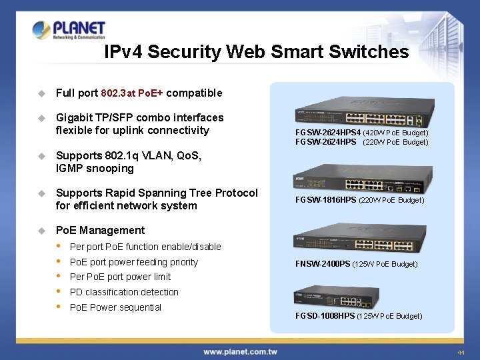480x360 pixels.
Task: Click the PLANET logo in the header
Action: (69, 30)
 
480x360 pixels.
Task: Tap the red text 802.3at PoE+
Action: (131, 93)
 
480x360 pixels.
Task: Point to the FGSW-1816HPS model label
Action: (326, 200)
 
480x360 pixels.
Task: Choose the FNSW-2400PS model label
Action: (323, 264)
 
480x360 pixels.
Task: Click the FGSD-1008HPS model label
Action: (325, 316)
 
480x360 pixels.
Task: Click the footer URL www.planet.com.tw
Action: (241, 351)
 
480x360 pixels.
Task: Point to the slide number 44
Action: (461, 352)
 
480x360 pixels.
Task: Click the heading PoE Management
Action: (100, 230)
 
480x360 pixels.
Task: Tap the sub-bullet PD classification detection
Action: (124, 292)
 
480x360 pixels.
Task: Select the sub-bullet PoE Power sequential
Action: (115, 307)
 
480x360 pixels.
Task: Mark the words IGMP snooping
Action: (95, 169)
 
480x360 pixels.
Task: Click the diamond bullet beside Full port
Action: (41, 93)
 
